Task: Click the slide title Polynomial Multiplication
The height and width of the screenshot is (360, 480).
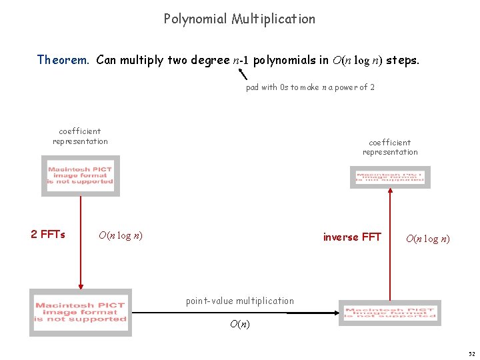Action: pos(239,19)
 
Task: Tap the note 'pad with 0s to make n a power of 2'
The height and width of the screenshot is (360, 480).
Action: pos(310,87)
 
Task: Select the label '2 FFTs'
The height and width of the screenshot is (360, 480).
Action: pos(48,235)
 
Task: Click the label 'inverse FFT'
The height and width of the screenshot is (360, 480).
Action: pos(352,237)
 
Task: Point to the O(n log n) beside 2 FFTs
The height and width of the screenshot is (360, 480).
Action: pos(121,235)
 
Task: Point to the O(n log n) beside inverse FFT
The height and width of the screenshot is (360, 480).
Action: pos(427,239)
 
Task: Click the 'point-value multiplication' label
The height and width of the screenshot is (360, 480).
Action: pos(239,301)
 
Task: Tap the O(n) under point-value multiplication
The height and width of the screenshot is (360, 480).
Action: pos(240,325)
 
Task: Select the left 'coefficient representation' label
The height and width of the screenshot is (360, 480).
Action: pos(80,136)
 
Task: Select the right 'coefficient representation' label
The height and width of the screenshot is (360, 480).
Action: pos(390,147)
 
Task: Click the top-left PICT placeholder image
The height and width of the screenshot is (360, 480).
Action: pos(81,175)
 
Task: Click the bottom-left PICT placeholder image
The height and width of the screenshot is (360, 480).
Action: pos(81,312)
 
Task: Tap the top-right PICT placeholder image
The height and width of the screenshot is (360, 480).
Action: pos(390,177)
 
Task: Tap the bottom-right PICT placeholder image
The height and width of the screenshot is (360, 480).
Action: pos(390,313)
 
